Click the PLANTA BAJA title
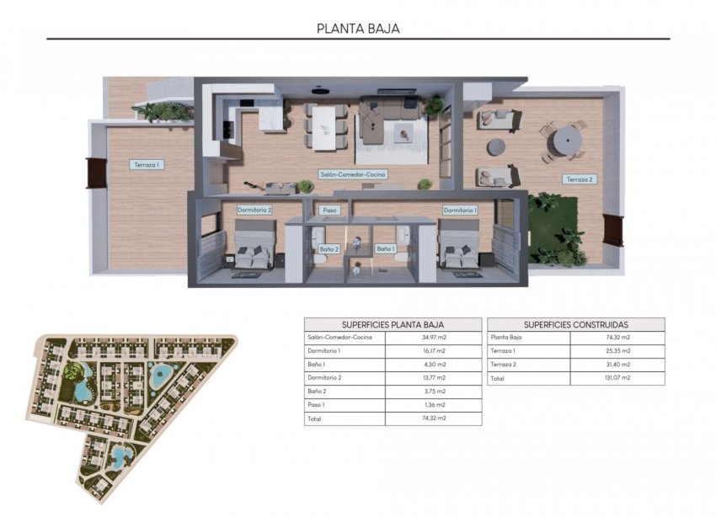[358, 28]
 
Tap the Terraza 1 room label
[147, 165]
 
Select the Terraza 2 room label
[580, 179]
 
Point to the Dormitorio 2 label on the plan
[254, 210]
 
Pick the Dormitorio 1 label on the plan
[460, 210]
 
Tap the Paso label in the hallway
[330, 211]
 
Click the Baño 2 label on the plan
[329, 248]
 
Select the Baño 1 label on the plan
[386, 248]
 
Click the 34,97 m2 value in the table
[433, 338]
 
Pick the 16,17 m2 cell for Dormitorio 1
[433, 351]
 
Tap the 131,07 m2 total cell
[617, 378]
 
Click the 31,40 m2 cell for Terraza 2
[617, 365]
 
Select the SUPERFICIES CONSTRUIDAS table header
[576, 324]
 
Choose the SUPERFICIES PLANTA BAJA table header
[393, 324]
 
